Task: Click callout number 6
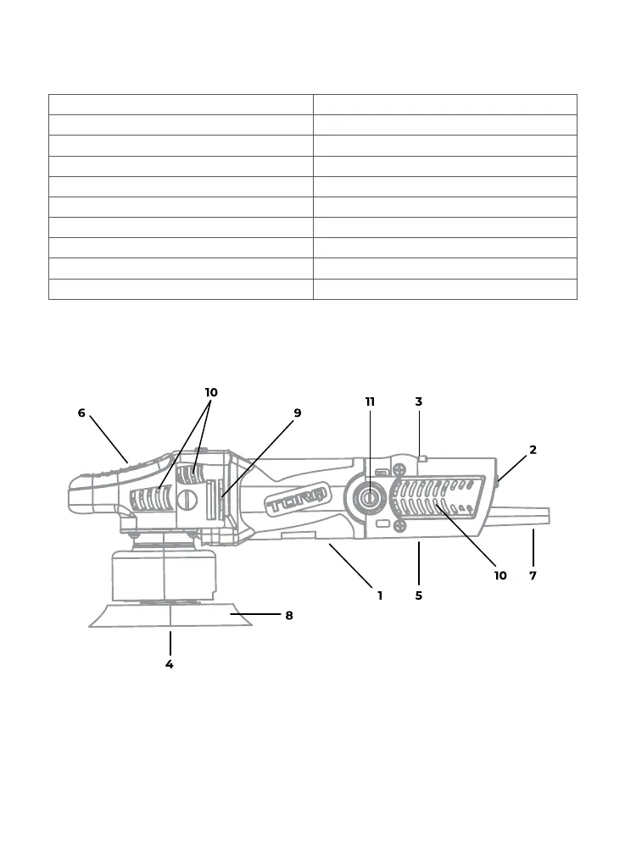[x=81, y=413]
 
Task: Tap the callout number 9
[x=298, y=413]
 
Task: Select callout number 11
[x=371, y=402]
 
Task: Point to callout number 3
[x=419, y=402]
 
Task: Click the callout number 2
[x=533, y=450]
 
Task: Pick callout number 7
[x=533, y=575]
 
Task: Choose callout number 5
[x=419, y=595]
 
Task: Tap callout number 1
[x=380, y=595]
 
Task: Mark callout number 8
[x=289, y=616]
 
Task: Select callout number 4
[x=170, y=665]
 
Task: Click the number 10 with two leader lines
[x=211, y=393]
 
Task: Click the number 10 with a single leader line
[x=500, y=575]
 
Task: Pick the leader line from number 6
[x=108, y=438]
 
